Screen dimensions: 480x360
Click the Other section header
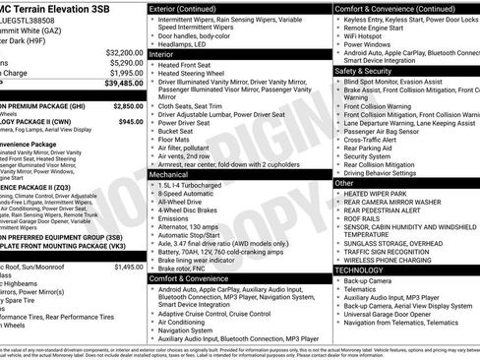pos(345,182)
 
